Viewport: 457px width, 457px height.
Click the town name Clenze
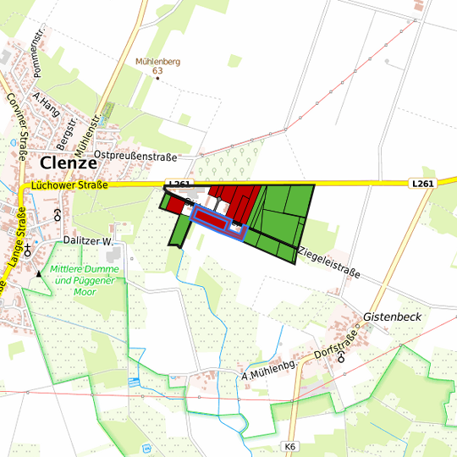coord(74,162)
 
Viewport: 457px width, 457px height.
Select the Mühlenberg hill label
coord(157,61)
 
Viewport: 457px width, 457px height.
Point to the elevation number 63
coord(157,71)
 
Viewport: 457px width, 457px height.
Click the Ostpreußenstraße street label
coord(135,157)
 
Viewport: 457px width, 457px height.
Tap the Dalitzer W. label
coord(88,241)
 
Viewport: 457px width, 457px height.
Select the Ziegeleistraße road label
coord(329,262)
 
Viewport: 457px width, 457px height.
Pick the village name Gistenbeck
coord(392,317)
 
